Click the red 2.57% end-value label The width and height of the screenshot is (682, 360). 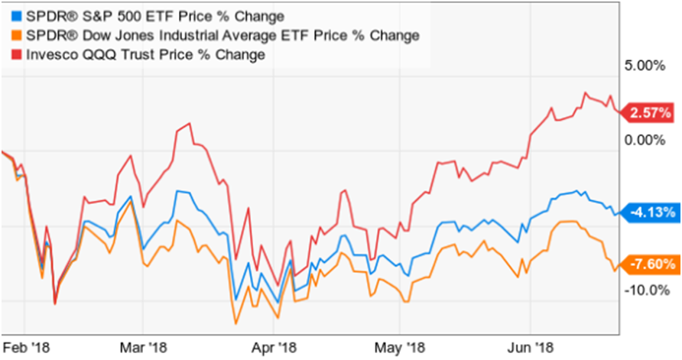[651, 113]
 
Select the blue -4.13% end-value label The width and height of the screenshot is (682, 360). [651, 212]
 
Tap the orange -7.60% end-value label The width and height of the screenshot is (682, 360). [651, 264]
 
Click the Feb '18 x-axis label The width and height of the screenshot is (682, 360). [23, 346]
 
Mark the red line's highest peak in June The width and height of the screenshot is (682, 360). [586, 92]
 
